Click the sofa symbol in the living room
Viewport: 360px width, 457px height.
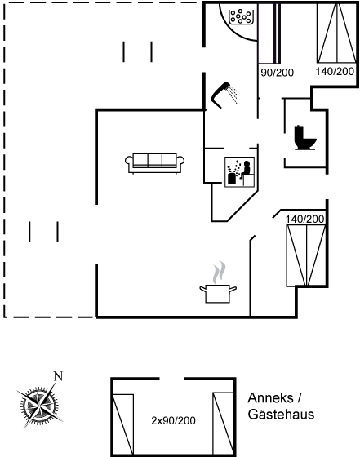(154, 163)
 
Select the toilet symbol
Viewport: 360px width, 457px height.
(305, 138)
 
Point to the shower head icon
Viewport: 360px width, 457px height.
(224, 95)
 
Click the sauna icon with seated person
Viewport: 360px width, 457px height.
(240, 172)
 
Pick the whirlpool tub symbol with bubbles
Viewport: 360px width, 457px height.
(241, 17)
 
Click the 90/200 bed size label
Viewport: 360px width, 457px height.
(277, 73)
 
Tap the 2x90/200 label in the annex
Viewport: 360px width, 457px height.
(173, 420)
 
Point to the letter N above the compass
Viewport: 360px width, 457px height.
(58, 376)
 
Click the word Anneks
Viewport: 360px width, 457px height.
(270, 398)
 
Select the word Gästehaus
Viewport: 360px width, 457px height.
(281, 415)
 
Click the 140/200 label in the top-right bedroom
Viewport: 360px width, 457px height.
(335, 72)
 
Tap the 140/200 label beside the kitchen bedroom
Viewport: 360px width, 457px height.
(305, 220)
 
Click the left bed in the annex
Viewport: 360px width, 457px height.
(123, 424)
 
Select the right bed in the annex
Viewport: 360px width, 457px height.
(224, 424)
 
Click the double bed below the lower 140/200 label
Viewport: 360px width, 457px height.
(306, 255)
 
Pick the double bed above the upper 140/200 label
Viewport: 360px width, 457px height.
(336, 33)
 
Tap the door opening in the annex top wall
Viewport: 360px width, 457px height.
(172, 379)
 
